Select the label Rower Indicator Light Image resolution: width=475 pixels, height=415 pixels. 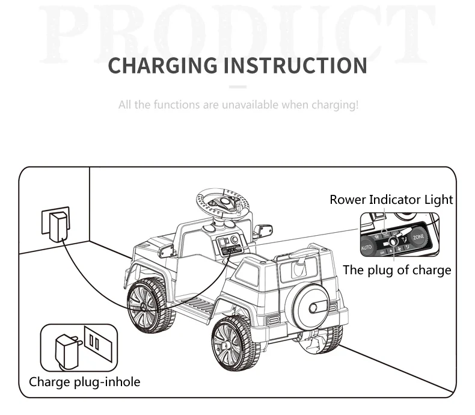tap(391, 200)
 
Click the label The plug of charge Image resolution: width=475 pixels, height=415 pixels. tap(397, 270)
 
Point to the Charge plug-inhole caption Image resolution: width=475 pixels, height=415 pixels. tap(84, 381)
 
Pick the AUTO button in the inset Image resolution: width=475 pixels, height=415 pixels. tap(367, 247)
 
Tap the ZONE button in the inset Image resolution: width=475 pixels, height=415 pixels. tap(418, 238)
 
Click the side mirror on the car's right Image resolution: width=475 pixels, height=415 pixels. tap(263, 231)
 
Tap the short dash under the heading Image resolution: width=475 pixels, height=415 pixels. tap(237, 87)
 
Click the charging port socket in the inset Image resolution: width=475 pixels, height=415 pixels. tap(394, 242)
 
